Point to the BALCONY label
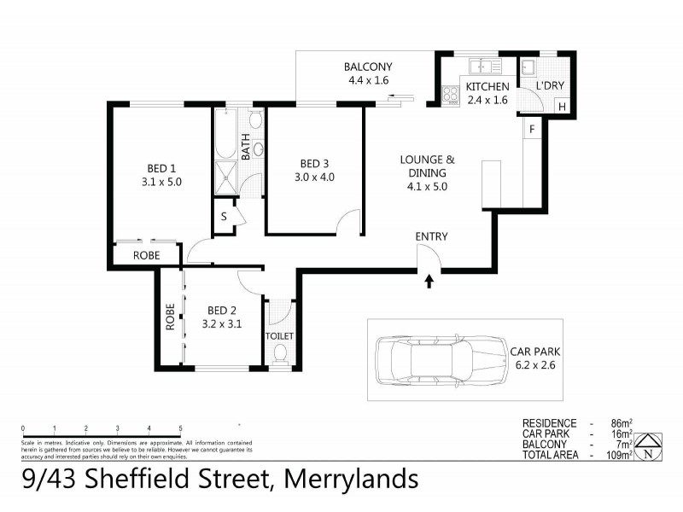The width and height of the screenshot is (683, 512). point(367,67)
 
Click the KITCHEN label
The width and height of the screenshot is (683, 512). point(487,87)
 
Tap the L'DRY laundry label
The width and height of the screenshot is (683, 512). point(548,87)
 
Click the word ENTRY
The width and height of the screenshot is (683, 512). point(431,236)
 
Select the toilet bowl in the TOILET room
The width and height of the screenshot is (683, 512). point(279,354)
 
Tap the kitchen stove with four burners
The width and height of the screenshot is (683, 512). point(450,93)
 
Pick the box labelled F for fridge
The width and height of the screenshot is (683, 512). point(531,129)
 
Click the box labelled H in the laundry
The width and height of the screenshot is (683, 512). point(561,107)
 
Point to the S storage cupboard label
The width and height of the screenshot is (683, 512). point(224,216)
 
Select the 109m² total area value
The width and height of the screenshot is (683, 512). point(619,455)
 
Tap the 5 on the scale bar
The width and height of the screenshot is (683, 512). point(180,428)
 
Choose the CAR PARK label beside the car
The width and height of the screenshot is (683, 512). point(534,351)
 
